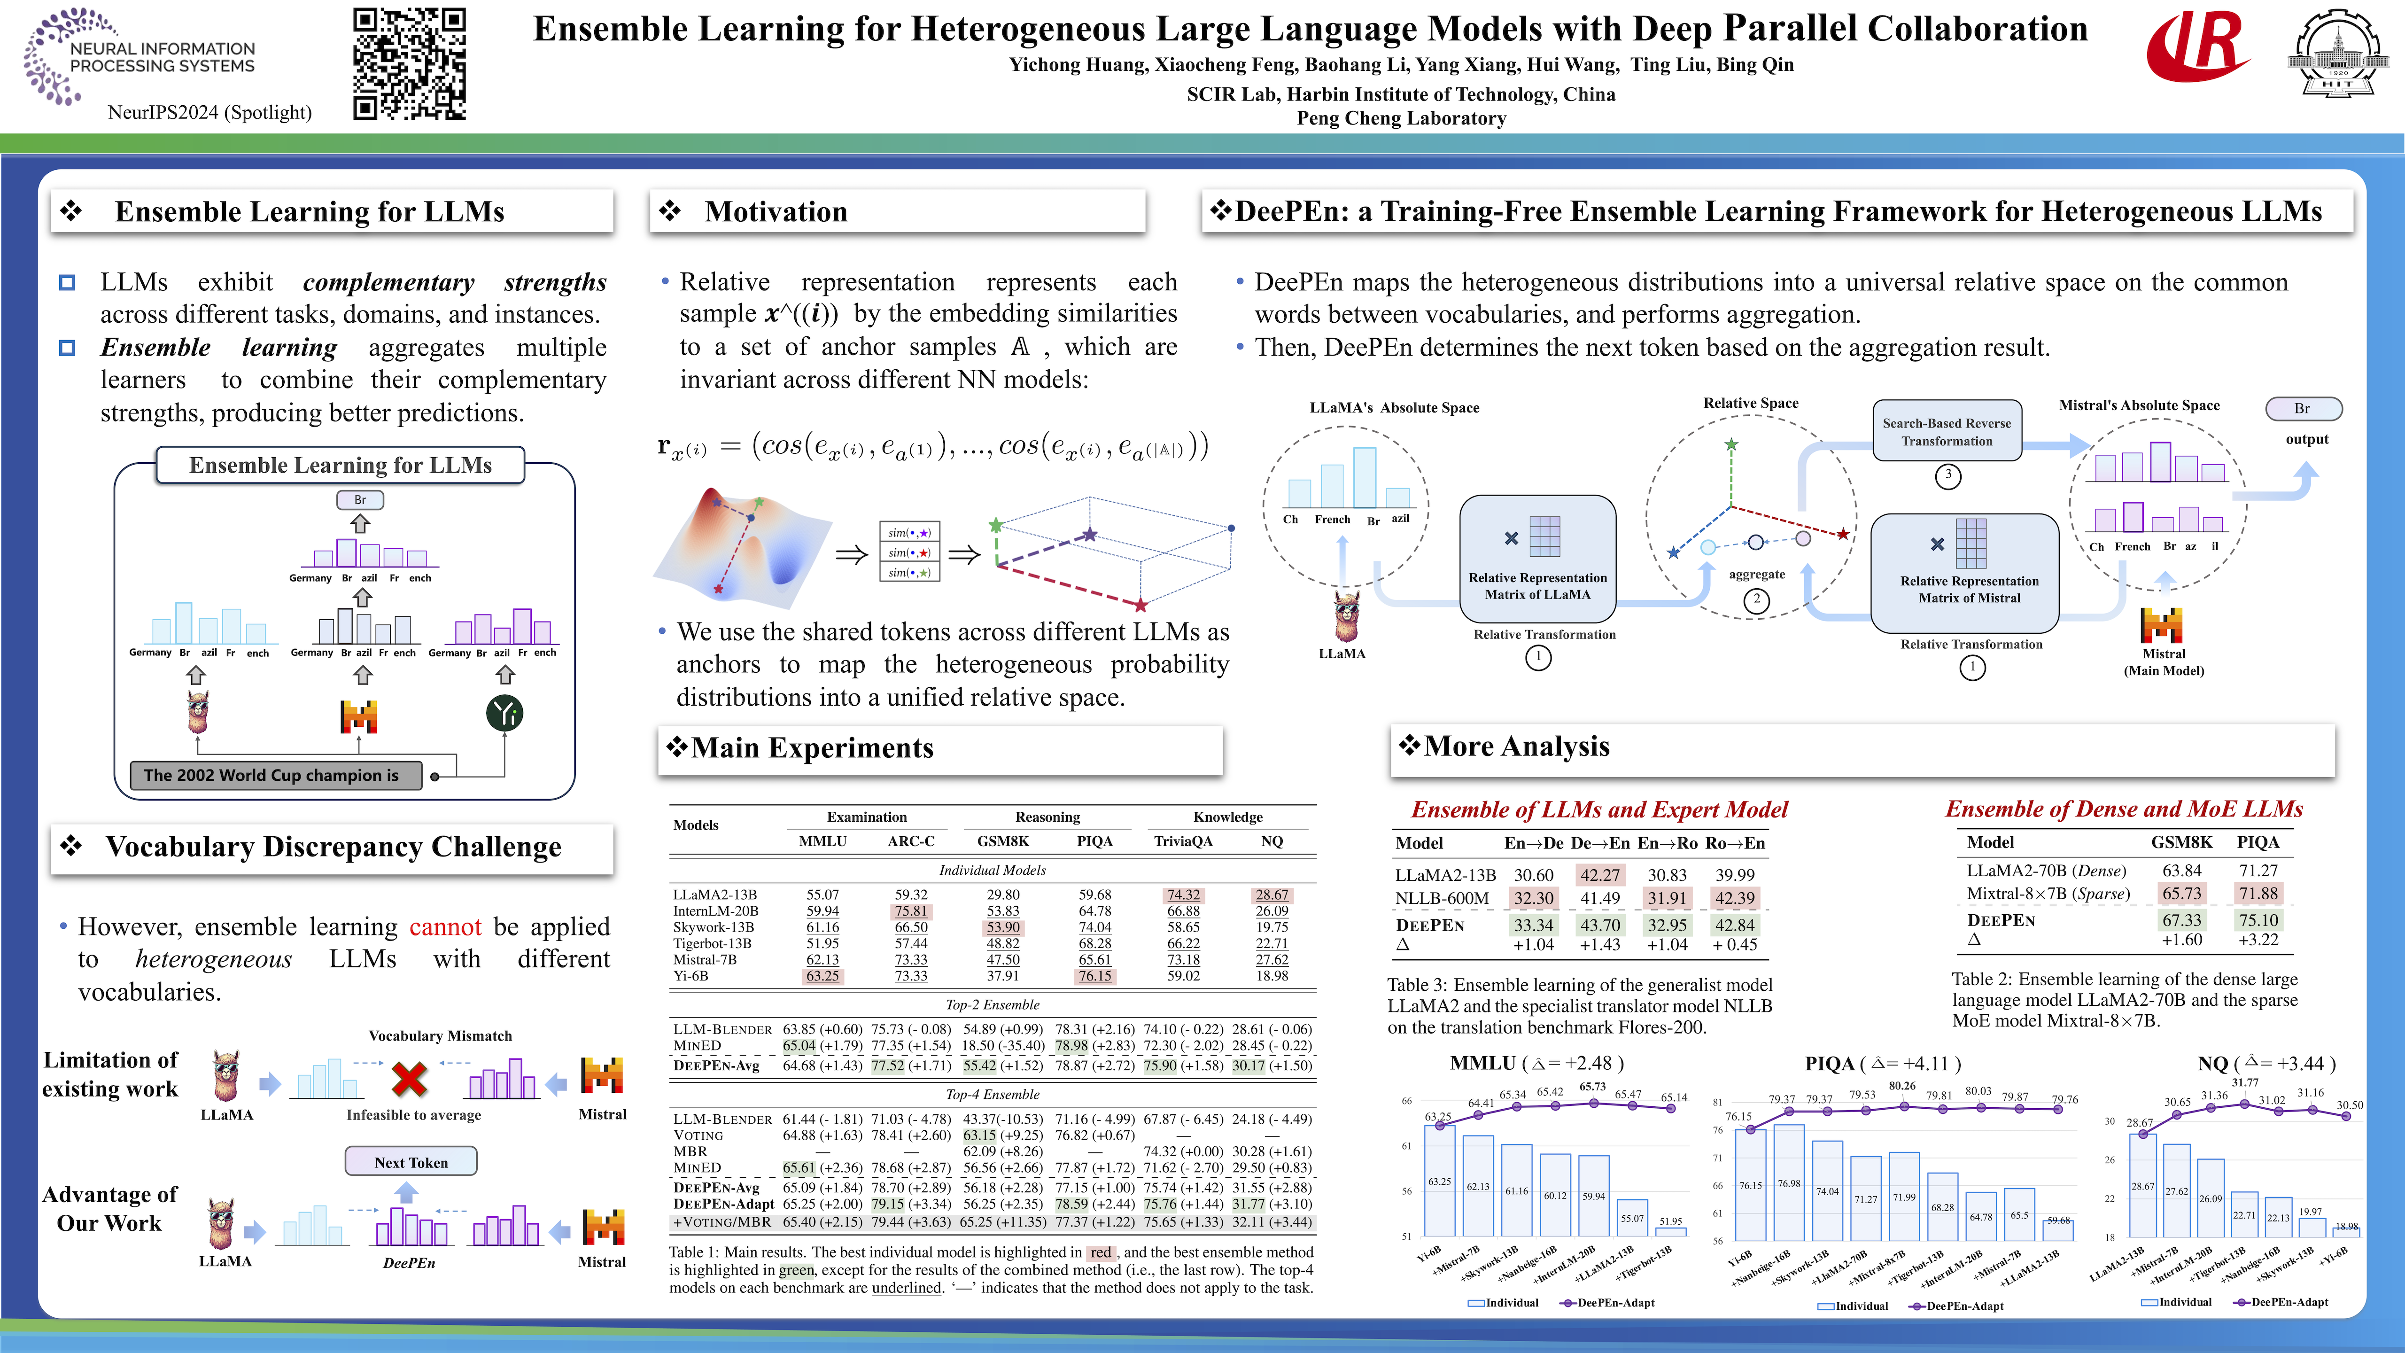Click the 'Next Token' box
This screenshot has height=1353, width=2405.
tap(411, 1162)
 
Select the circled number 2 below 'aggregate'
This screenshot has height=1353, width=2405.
tap(1756, 599)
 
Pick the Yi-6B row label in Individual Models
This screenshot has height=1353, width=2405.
tap(691, 976)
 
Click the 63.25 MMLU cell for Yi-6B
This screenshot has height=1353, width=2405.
tap(822, 976)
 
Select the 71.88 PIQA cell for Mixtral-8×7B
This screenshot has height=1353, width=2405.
tap(2258, 894)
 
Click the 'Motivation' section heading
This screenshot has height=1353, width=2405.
tap(776, 212)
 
